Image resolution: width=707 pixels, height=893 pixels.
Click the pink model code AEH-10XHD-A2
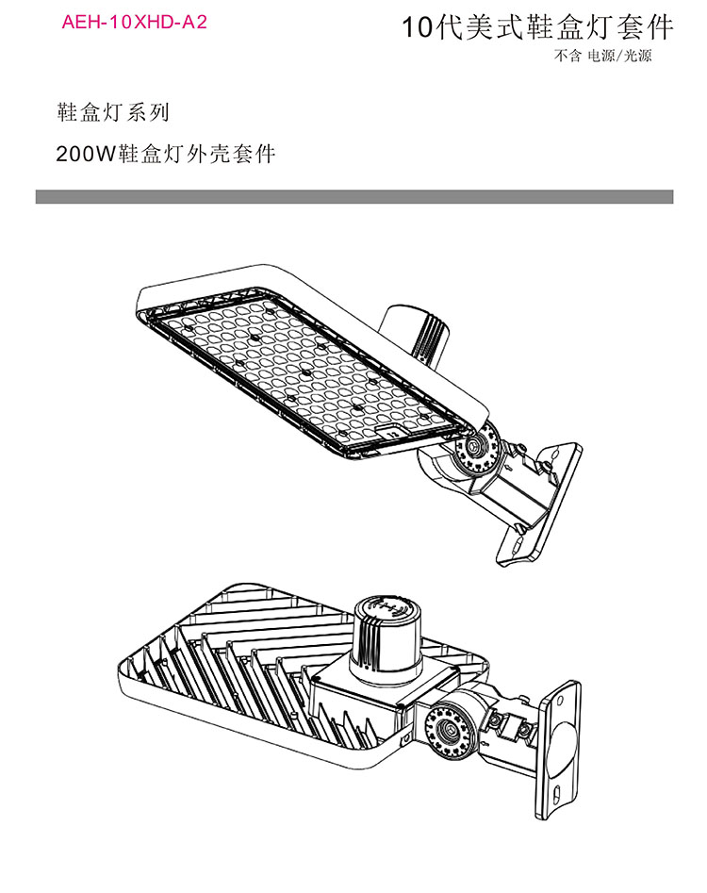pyautogui.click(x=135, y=23)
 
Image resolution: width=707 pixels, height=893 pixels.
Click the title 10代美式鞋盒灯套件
pyautogui.click(x=538, y=26)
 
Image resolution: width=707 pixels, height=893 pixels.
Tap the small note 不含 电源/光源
pyautogui.click(x=602, y=56)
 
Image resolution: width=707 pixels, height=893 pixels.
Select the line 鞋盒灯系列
pyautogui.click(x=113, y=112)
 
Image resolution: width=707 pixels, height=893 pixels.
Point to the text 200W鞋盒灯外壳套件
pyautogui.click(x=166, y=154)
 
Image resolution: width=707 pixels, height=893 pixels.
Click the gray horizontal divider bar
pyautogui.click(x=354, y=196)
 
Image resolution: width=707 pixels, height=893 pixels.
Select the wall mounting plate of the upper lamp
pyautogui.click(x=539, y=504)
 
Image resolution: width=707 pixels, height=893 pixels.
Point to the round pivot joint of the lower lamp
pyautogui.click(x=451, y=730)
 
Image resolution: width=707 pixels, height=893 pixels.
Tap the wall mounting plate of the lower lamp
pyautogui.click(x=557, y=750)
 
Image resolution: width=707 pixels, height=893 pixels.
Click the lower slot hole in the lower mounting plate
pyautogui.click(x=557, y=793)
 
